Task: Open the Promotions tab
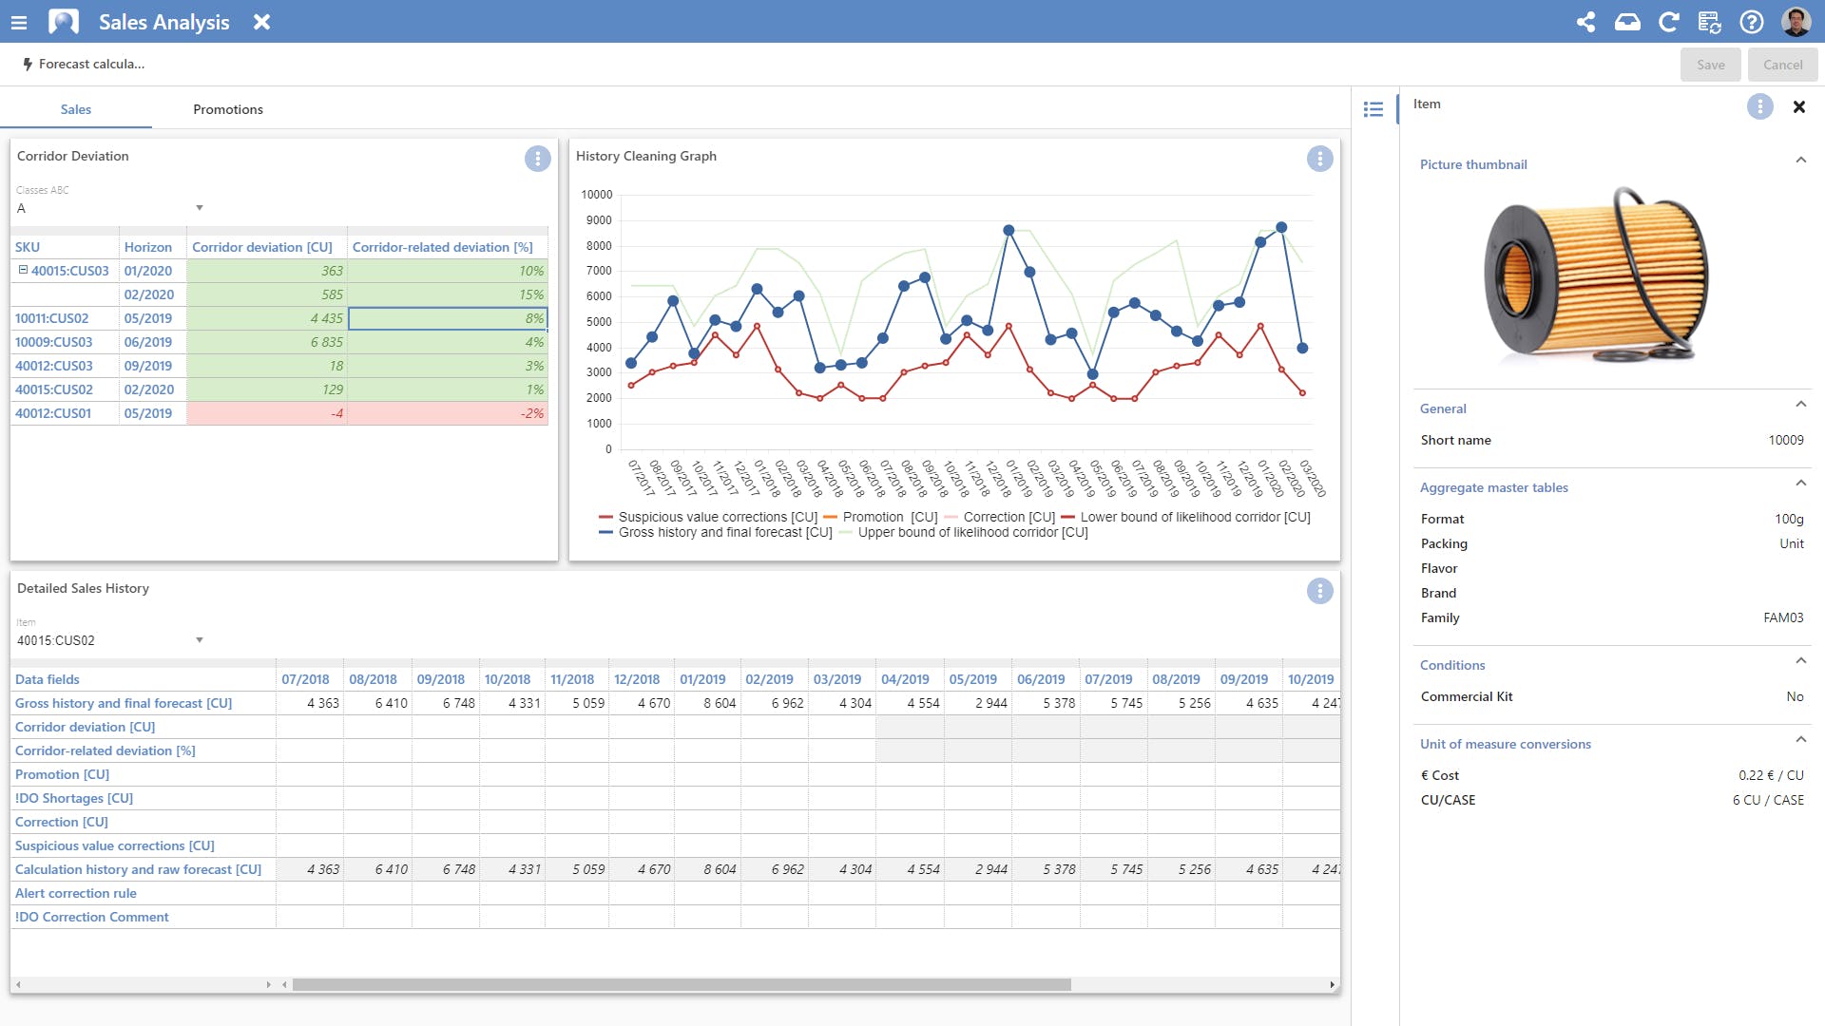pyautogui.click(x=228, y=109)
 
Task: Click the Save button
pyautogui.click(x=1710, y=65)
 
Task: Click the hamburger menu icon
pyautogui.click(x=19, y=22)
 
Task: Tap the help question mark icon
pyautogui.click(x=1751, y=22)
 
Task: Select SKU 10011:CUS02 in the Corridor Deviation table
pyautogui.click(x=52, y=318)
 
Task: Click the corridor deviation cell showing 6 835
pyautogui.click(x=326, y=342)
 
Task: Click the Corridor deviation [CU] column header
pyautogui.click(x=262, y=247)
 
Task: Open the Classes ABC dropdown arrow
pyautogui.click(x=200, y=208)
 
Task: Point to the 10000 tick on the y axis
pyautogui.click(x=597, y=195)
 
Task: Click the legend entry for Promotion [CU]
pyautogui.click(x=880, y=517)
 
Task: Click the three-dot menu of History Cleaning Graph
pyautogui.click(x=1319, y=159)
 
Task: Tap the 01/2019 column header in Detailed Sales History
pyautogui.click(x=702, y=679)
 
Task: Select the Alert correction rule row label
pyautogui.click(x=76, y=893)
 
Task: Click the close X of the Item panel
pyautogui.click(x=1798, y=107)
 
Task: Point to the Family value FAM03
pyautogui.click(x=1783, y=617)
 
